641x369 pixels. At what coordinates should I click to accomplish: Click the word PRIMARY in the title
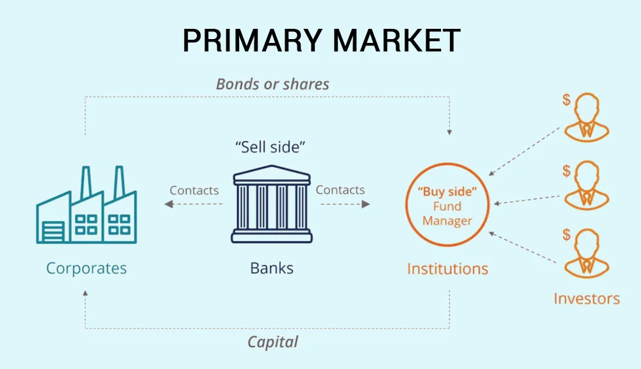pos(252,40)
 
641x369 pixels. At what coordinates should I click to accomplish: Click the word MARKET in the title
pos(397,40)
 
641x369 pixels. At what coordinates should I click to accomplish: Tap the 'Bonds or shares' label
pos(272,84)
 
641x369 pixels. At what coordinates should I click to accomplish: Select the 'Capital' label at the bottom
pos(272,341)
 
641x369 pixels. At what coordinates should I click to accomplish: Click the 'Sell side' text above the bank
pos(271,147)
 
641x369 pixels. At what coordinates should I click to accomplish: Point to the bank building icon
pos(272,204)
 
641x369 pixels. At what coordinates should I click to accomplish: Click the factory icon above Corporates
pos(87,205)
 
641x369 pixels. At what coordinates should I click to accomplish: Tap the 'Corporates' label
pos(87,268)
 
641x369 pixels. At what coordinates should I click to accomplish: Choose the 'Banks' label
pos(272,268)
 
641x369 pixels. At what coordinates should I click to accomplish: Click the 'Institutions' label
pos(447,268)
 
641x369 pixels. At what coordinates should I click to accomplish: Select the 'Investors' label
pos(587,299)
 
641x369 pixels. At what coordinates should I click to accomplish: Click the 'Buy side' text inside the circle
pos(447,192)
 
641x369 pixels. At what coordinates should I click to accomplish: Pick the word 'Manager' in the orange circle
pos(447,220)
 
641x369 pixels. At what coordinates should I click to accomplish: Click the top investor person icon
pos(587,117)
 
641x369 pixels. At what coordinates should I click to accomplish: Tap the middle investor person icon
pos(587,185)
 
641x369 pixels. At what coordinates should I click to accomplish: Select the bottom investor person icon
pos(587,253)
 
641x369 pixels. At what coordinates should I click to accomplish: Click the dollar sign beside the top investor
pos(566,99)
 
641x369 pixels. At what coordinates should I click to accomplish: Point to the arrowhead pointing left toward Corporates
pos(169,204)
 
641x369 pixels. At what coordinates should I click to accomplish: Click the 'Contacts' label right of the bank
pos(340,190)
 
